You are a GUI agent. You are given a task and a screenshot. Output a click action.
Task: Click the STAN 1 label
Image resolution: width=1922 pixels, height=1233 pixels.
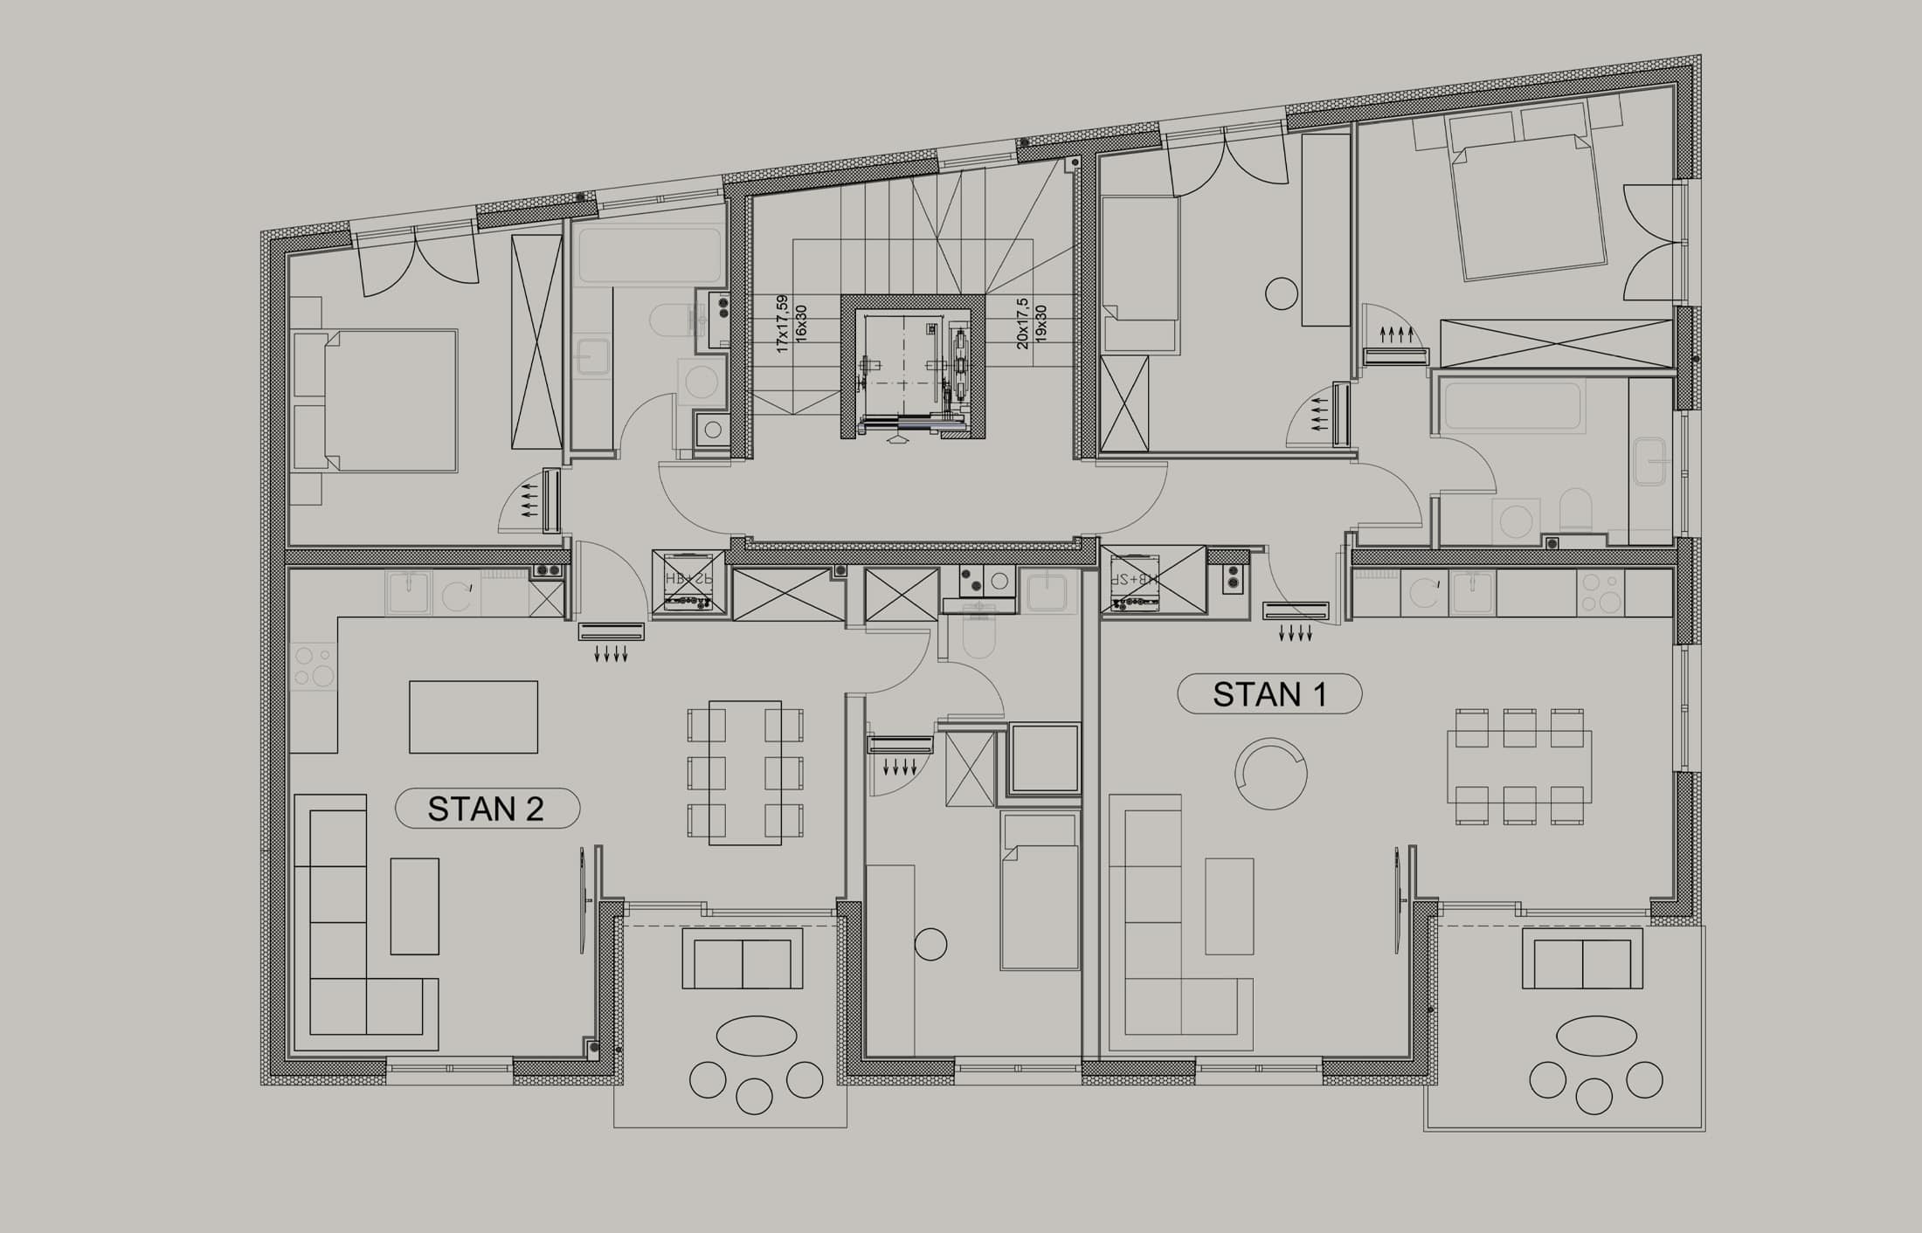[1269, 694]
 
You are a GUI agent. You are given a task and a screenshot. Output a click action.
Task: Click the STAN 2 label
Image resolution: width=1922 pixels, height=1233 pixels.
[487, 809]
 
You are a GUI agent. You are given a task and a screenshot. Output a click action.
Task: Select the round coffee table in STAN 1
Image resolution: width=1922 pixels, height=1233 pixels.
[1270, 774]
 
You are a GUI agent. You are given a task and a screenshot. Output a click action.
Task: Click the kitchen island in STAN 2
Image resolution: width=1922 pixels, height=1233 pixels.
[474, 716]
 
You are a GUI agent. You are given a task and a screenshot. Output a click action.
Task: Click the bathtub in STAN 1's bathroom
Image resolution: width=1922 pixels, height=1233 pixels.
[1514, 406]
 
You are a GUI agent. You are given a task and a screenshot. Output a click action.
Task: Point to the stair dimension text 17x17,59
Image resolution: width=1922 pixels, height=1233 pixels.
[782, 322]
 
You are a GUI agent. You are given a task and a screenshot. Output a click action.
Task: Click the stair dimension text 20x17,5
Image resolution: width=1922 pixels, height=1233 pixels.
[1023, 323]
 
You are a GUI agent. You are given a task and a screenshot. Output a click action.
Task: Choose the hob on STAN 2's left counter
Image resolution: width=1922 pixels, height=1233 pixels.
[314, 666]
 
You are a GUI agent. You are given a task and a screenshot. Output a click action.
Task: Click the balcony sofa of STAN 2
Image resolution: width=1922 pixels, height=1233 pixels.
[742, 958]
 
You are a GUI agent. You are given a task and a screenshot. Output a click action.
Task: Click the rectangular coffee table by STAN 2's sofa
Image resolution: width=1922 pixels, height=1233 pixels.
[414, 906]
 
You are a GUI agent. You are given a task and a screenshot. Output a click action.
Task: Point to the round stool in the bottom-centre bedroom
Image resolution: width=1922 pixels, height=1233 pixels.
[930, 944]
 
